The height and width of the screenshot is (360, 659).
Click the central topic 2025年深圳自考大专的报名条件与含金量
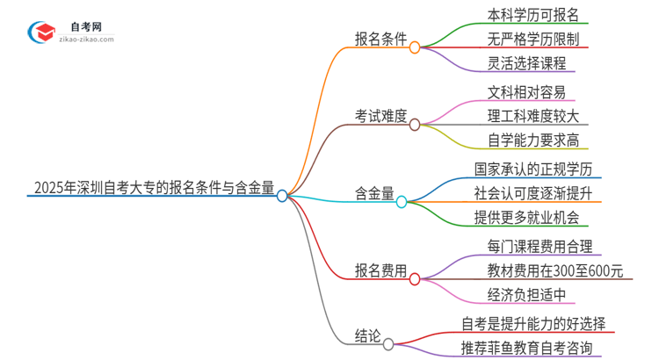(153, 187)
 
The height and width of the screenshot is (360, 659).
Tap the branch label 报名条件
(380, 40)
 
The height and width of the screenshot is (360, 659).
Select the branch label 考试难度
(380, 116)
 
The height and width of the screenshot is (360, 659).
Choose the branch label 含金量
(374, 193)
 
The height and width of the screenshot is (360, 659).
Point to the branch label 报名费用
(380, 270)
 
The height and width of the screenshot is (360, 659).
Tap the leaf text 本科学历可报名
(532, 14)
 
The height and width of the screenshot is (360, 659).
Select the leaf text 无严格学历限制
(532, 39)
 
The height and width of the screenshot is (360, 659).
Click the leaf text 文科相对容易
(526, 91)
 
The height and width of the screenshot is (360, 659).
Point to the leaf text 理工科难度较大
(532, 115)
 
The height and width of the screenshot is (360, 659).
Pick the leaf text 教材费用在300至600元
(554, 270)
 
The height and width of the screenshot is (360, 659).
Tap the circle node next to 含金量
(402, 202)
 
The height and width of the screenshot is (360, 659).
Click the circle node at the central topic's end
(282, 196)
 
